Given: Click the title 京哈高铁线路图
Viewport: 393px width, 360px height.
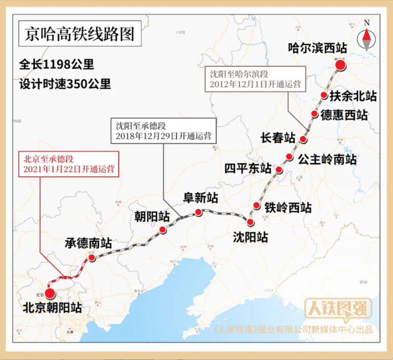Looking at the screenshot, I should tap(80, 34).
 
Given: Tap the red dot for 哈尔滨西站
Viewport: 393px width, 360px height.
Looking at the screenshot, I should tap(341, 65).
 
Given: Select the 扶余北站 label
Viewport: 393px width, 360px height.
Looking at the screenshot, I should tap(353, 96).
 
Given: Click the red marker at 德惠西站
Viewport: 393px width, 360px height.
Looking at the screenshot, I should tap(314, 114).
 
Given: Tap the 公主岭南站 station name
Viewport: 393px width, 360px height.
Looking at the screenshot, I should tap(327, 159).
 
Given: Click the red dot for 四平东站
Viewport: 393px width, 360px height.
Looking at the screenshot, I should tap(279, 170).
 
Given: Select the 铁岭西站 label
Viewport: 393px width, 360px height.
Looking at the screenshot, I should tap(288, 207).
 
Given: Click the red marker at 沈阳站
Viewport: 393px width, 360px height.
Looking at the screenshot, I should tap(250, 222).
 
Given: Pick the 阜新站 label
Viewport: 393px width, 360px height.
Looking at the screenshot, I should tap(200, 198).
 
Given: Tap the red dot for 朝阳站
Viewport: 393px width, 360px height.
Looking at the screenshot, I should tap(163, 230).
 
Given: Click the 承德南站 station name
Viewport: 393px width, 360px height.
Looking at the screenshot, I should tap(88, 243).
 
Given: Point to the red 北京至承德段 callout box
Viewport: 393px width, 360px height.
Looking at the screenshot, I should tap(69, 164).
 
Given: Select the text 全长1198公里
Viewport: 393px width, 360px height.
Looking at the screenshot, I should tap(57, 64).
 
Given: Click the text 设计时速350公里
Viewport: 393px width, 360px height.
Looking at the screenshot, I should tap(65, 83).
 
